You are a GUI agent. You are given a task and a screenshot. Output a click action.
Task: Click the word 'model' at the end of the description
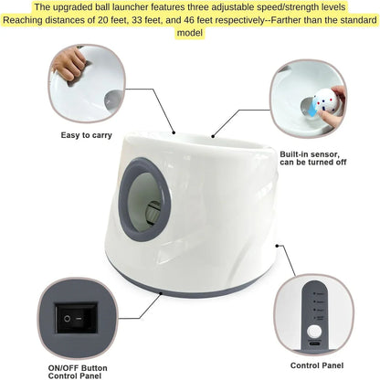tap(191, 33)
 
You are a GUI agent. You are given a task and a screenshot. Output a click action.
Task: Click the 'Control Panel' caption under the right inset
tap(316, 365)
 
